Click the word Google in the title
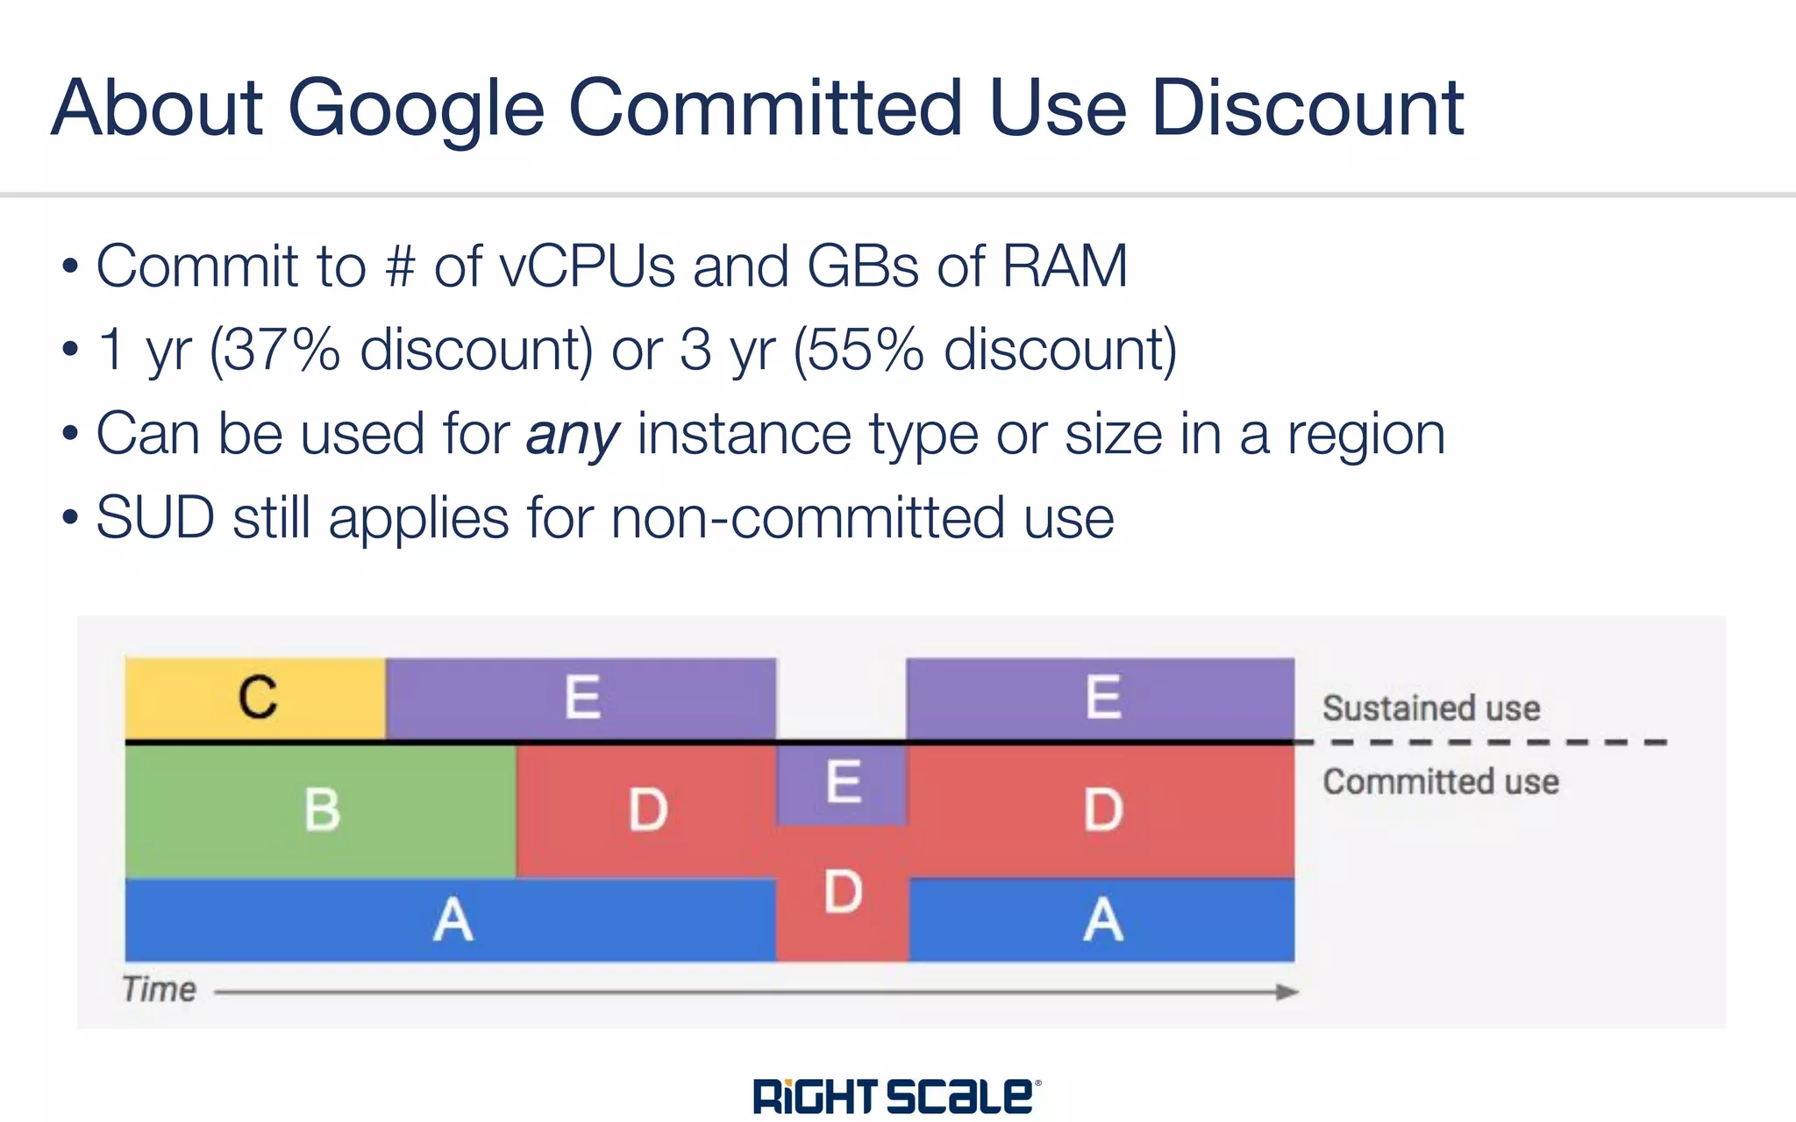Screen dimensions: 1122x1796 (416, 109)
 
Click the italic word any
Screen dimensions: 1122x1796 (573, 435)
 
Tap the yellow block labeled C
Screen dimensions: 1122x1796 (256, 698)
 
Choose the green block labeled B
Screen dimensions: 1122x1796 (321, 810)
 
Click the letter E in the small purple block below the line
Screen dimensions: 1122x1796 (843, 782)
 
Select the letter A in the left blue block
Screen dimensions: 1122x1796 (453, 920)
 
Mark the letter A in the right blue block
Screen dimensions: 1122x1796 (1102, 920)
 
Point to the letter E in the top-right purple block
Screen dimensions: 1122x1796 (1102, 698)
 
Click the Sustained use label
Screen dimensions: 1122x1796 (1431, 708)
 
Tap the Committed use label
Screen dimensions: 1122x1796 (1441, 782)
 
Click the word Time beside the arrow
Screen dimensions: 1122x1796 (159, 990)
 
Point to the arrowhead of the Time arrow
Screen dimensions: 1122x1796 (1286, 992)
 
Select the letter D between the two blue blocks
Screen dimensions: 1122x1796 (843, 892)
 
